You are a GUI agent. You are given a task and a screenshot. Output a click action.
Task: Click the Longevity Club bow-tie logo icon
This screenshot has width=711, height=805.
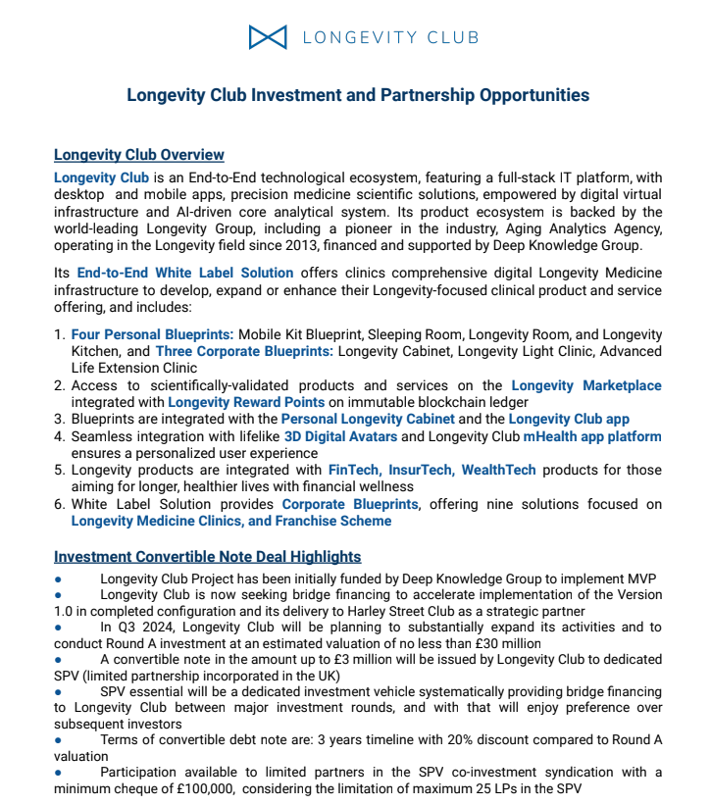[268, 37]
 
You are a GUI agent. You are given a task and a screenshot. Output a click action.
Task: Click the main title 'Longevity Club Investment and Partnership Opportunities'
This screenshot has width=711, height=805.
[358, 95]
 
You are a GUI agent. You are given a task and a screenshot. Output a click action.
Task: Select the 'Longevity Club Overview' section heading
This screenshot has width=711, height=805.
[139, 155]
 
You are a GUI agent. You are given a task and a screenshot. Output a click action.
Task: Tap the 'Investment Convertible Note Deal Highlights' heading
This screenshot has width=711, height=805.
[207, 557]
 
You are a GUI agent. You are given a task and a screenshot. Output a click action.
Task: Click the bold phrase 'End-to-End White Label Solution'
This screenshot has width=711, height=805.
[185, 273]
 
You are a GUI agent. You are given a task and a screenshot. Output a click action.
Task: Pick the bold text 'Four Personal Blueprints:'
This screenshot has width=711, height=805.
[152, 335]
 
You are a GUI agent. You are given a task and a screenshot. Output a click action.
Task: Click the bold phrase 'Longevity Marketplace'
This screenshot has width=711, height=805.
[586, 386]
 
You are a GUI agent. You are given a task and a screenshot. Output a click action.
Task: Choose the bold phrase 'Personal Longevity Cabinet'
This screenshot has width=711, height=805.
[364, 419]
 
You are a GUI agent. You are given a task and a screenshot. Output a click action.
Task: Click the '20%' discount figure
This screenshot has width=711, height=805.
[488, 740]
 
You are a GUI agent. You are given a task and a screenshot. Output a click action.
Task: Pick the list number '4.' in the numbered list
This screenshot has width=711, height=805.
[60, 436]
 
